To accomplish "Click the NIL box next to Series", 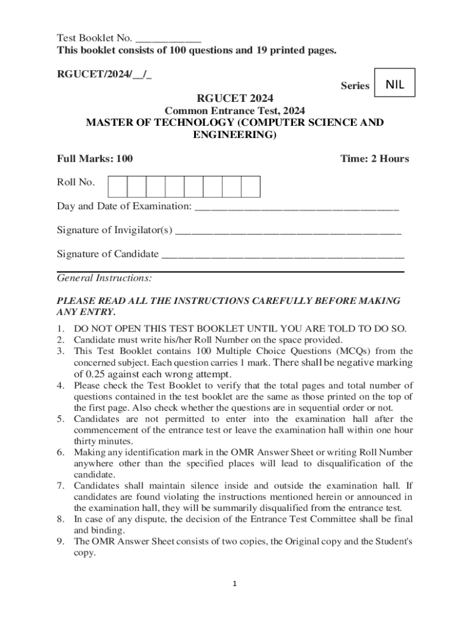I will pyautogui.click(x=395, y=85).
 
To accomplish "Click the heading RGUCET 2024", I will pyautogui.click(x=234, y=98).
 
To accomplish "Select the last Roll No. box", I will pyautogui.click(x=251, y=187).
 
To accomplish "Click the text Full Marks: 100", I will pyautogui.click(x=95, y=159).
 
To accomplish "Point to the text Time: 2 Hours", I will pyautogui.click(x=375, y=159).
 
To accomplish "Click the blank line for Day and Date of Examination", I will pyautogui.click(x=297, y=206).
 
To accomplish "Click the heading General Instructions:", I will pyautogui.click(x=104, y=278).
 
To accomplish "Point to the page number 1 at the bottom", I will pyautogui.click(x=234, y=584).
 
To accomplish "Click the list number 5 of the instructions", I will pyautogui.click(x=61, y=419).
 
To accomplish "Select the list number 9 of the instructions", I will pyautogui.click(x=61, y=541).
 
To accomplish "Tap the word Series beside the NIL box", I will pyautogui.click(x=355, y=86).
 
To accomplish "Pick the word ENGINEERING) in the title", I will pyautogui.click(x=235, y=134).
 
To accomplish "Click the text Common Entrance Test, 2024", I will pyautogui.click(x=235, y=110).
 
